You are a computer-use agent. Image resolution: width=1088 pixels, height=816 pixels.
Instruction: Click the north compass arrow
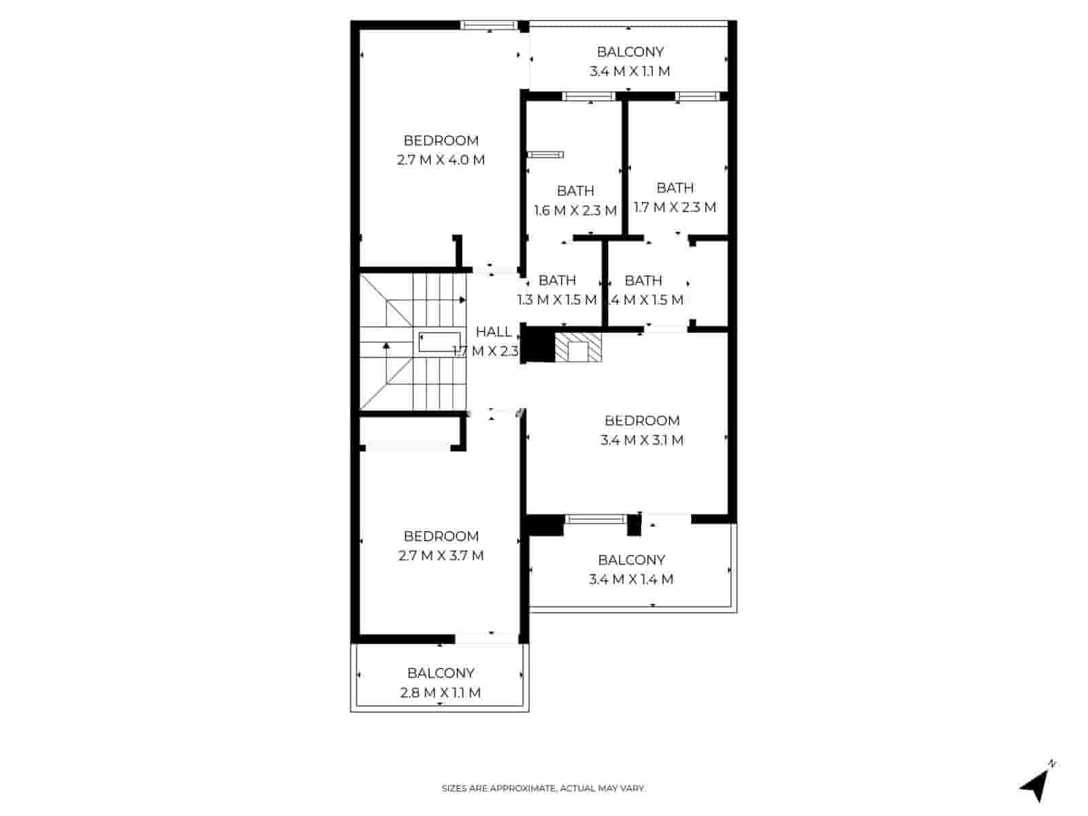tap(1034, 785)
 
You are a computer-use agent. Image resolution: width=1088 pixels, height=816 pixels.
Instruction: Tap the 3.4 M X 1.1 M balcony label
tap(630, 61)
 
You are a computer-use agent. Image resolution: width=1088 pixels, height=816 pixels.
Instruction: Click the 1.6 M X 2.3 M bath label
tap(575, 201)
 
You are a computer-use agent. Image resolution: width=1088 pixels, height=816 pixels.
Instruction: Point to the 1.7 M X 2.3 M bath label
tap(675, 197)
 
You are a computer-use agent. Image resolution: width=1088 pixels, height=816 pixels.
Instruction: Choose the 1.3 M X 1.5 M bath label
tap(557, 290)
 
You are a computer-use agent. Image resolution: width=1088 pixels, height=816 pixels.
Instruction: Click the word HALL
tap(494, 332)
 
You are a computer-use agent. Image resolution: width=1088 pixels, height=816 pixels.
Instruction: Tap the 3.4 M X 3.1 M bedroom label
tap(642, 430)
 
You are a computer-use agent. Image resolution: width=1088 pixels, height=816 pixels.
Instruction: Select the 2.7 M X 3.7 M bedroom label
tap(441, 546)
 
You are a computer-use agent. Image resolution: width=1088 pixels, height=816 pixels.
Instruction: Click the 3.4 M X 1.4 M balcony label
tap(631, 570)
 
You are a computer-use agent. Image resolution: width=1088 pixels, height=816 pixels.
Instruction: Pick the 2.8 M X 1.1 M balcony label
tap(441, 683)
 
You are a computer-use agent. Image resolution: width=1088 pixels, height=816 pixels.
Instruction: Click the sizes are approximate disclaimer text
tap(543, 789)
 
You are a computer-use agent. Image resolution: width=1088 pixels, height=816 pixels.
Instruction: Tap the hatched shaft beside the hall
tap(579, 347)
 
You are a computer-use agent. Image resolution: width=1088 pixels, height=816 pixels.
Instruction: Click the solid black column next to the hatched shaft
tap(541, 345)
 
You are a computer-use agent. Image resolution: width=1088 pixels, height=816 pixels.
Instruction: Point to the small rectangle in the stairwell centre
tap(439, 342)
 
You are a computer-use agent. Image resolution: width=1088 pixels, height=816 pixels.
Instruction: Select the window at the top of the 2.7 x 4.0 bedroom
tap(489, 26)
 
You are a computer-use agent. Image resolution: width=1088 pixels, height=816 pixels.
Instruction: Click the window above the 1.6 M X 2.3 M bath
tap(589, 97)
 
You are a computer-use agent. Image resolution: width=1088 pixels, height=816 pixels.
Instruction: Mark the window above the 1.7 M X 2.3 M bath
tap(697, 97)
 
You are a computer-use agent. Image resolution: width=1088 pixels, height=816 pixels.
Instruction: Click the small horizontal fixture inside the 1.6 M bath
tap(545, 155)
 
